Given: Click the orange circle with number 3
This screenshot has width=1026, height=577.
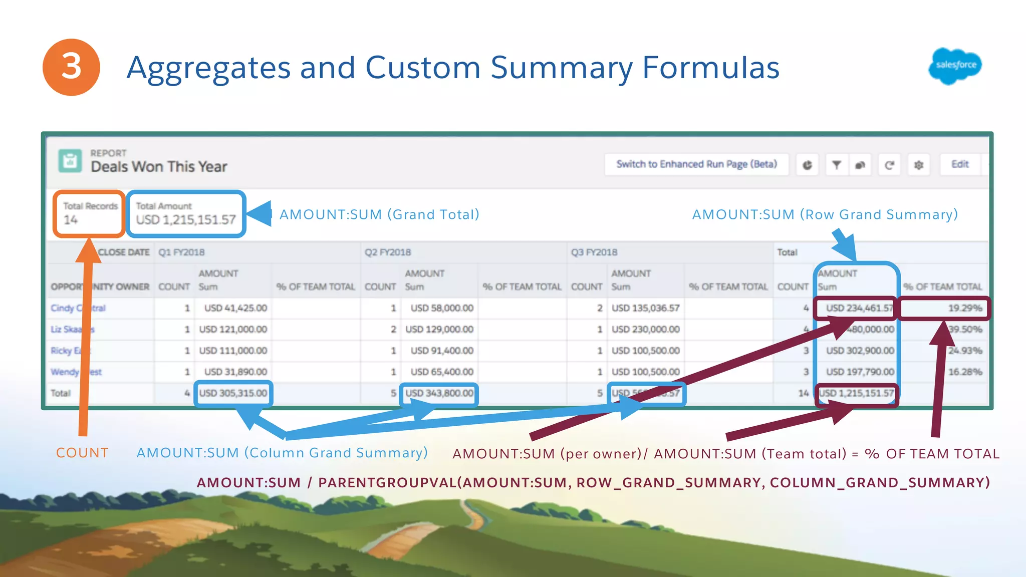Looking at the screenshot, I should pyautogui.click(x=71, y=67).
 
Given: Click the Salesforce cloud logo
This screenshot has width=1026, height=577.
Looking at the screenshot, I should pyautogui.click(x=955, y=66).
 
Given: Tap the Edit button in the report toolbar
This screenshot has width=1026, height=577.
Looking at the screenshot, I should pyautogui.click(x=959, y=164).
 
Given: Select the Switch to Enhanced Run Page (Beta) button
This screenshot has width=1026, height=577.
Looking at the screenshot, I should pyautogui.click(x=696, y=164).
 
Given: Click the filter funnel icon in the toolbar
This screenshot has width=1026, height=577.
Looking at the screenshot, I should pyautogui.click(x=836, y=165).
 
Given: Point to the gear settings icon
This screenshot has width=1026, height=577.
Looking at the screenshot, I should pyautogui.click(x=918, y=165).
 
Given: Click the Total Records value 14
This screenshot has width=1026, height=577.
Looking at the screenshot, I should pyautogui.click(x=71, y=220).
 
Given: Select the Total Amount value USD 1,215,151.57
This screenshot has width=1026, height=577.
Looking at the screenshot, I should pyautogui.click(x=186, y=220).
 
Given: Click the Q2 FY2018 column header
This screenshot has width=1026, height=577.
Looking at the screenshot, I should pyautogui.click(x=388, y=252).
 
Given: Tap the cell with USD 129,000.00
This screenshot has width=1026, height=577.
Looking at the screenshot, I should pyautogui.click(x=439, y=330).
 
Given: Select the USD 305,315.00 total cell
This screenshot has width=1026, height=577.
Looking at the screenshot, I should pyautogui.click(x=233, y=393).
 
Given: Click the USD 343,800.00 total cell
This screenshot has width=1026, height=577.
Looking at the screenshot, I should pyautogui.click(x=439, y=393).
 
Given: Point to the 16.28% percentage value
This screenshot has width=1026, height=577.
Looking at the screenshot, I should pyautogui.click(x=964, y=372).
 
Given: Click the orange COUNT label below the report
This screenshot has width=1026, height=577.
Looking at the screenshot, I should pyautogui.click(x=82, y=453).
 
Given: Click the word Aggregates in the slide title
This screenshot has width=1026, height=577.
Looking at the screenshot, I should pyautogui.click(x=208, y=68).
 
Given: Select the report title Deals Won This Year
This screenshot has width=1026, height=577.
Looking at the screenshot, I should pyautogui.click(x=159, y=167).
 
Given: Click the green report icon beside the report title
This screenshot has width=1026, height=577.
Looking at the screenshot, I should pyautogui.click(x=70, y=161).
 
